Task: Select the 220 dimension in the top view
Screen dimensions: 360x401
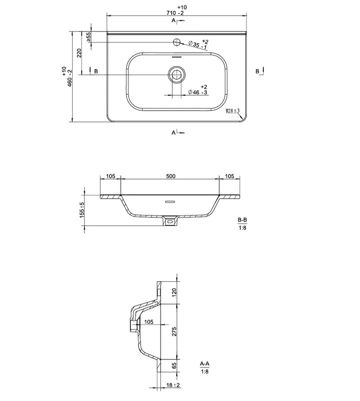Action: click(79, 53)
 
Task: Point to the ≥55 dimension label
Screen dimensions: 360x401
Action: click(88, 37)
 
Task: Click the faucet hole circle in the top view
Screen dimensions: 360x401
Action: click(177, 42)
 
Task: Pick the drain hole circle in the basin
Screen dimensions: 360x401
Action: click(177, 74)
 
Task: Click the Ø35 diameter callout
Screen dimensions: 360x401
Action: click(198, 44)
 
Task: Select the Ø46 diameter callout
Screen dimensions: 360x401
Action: click(198, 90)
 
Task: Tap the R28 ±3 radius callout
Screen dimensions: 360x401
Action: click(232, 111)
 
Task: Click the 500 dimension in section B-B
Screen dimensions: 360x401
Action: click(171, 176)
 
